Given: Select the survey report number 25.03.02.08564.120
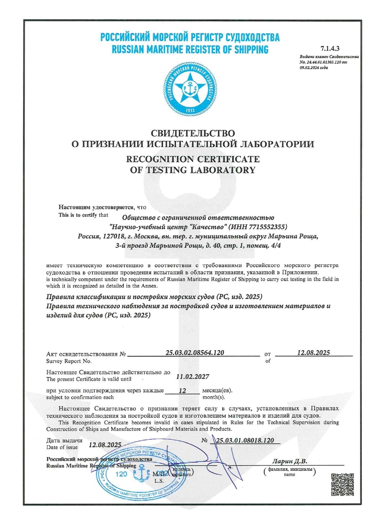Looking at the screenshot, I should pos(194,353).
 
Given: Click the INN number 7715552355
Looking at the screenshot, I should pos(259,226).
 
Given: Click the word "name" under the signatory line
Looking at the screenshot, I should pos(289,474).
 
